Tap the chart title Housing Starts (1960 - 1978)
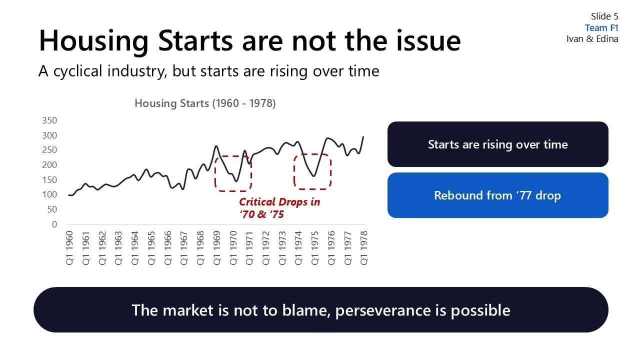point(205,103)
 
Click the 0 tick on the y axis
point(54,224)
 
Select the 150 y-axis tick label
point(50,180)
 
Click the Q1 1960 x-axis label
point(69,247)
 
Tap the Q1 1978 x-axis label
point(363,247)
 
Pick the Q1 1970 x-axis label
point(232,247)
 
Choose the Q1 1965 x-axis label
point(151,247)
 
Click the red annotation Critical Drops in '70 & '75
point(279,208)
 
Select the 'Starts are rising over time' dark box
point(497,144)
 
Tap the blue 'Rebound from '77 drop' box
point(497,195)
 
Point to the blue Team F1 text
point(601,28)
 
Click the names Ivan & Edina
point(592,39)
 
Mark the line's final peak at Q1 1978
point(363,136)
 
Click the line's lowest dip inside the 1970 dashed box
point(236,181)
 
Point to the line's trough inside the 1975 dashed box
point(313,176)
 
